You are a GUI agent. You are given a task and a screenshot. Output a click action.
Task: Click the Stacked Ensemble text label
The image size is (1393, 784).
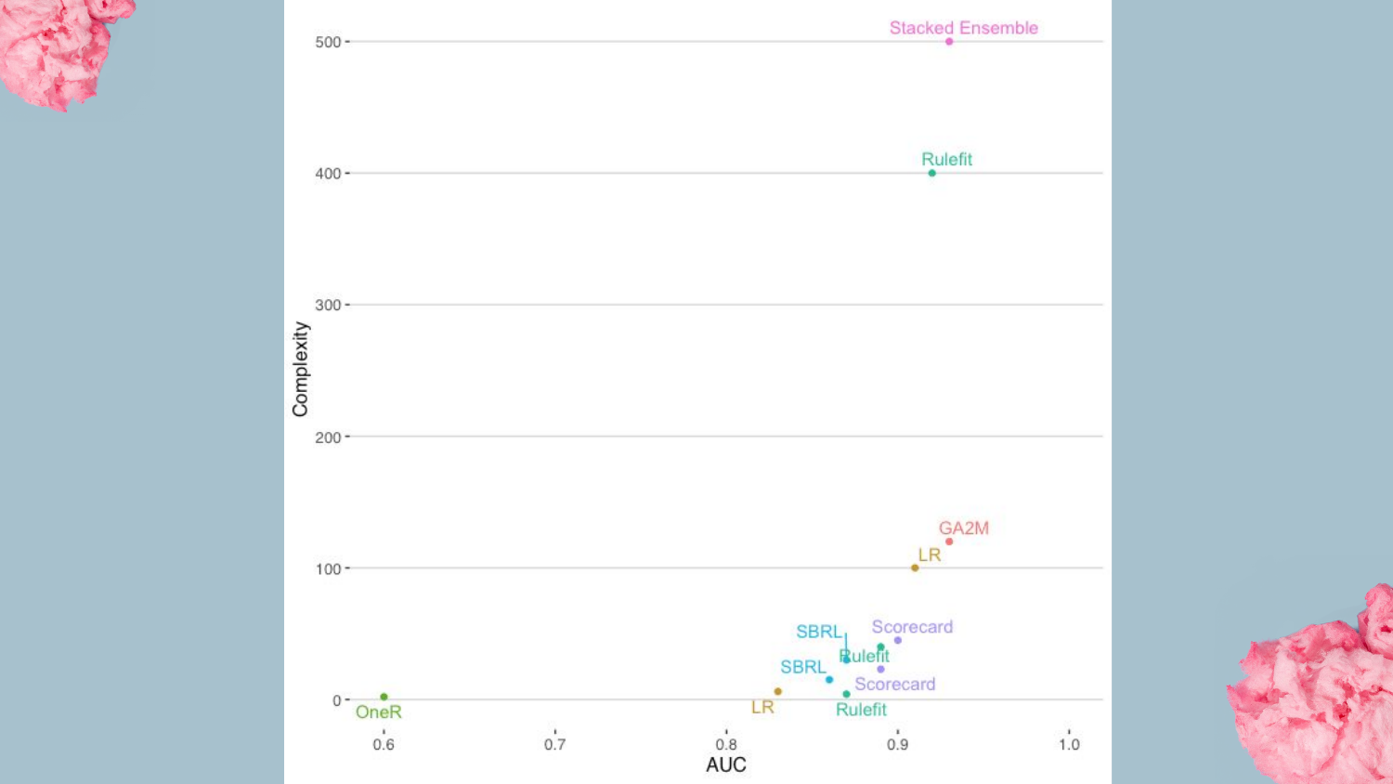click(963, 28)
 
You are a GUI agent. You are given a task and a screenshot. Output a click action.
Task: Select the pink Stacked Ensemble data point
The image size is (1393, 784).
click(949, 42)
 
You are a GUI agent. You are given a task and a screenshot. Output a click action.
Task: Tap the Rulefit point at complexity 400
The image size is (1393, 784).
click(932, 173)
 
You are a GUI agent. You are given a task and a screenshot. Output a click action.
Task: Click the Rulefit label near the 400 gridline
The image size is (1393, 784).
click(946, 159)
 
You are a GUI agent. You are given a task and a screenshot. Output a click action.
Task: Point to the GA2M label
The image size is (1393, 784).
click(963, 528)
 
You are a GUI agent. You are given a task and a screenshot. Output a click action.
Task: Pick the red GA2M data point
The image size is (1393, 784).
click(949, 542)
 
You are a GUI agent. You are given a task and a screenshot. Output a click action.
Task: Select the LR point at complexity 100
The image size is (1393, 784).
click(915, 568)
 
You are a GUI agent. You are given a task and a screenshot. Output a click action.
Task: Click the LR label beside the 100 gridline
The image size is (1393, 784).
click(930, 555)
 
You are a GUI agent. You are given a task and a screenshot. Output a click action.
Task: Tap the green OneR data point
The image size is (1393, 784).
click(384, 697)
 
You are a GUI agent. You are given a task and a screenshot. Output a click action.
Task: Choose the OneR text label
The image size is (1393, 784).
click(379, 712)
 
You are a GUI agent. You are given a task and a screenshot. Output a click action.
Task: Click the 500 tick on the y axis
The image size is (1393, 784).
click(328, 42)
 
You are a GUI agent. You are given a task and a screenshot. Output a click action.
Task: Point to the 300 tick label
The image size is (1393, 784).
click(328, 305)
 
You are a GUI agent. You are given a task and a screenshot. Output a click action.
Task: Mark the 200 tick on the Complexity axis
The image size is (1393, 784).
click(328, 437)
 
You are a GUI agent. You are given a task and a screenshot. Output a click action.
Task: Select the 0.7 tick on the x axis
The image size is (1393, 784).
click(554, 744)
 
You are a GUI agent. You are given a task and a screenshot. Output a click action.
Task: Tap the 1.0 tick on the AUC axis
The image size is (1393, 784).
click(1069, 744)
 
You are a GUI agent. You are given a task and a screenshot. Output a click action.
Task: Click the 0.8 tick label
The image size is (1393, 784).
click(726, 744)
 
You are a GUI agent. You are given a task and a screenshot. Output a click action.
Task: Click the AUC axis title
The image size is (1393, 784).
click(726, 764)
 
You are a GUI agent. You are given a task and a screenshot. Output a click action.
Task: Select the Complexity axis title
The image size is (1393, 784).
click(300, 369)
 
